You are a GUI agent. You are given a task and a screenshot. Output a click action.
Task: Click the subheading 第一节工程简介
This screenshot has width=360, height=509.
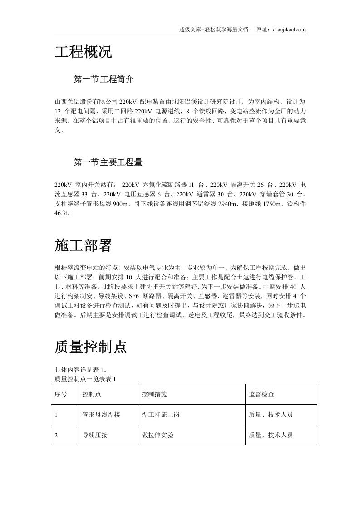pos(104,79)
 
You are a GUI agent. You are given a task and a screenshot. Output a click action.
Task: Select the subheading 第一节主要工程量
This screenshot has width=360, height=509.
pos(108,162)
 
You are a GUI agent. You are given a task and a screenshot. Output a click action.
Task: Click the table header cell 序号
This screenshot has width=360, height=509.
pos(61,394)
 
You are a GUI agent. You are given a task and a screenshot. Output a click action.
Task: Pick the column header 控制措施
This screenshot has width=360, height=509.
pos(154,394)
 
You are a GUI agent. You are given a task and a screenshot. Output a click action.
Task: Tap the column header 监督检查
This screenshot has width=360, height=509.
pos(261,394)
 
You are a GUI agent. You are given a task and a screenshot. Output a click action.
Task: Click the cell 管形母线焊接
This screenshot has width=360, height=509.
pos(101,415)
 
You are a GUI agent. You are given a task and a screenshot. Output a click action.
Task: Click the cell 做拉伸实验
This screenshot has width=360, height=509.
pos(158,435)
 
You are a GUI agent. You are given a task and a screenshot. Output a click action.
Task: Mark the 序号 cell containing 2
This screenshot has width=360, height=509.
pos(56,435)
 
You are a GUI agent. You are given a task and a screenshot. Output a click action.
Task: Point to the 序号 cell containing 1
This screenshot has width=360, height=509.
pos(56,415)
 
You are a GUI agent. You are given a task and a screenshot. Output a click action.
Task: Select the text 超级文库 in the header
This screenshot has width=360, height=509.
pos(190,29)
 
